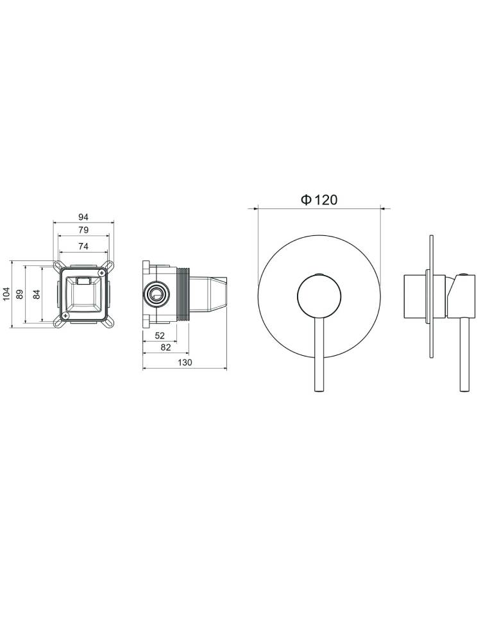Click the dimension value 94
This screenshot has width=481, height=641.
pyautogui.click(x=83, y=217)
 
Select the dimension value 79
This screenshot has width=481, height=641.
pyautogui.click(x=83, y=229)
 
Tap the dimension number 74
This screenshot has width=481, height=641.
pyautogui.click(x=83, y=246)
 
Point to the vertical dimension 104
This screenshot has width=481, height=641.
pyautogui.click(x=6, y=294)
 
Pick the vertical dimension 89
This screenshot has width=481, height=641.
pyautogui.click(x=21, y=294)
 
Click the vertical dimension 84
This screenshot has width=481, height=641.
pyautogui.click(x=37, y=294)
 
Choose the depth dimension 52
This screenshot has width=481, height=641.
pyautogui.click(x=160, y=336)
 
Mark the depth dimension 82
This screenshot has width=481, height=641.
pyautogui.click(x=165, y=348)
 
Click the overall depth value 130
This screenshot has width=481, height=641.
pyautogui.click(x=185, y=363)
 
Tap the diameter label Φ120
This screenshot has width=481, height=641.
pyautogui.click(x=319, y=200)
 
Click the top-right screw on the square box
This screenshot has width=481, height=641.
pyautogui.click(x=101, y=274)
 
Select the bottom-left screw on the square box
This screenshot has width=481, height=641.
pyautogui.click(x=65, y=315)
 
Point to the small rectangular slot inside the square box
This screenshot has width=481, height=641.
pyautogui.click(x=83, y=280)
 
